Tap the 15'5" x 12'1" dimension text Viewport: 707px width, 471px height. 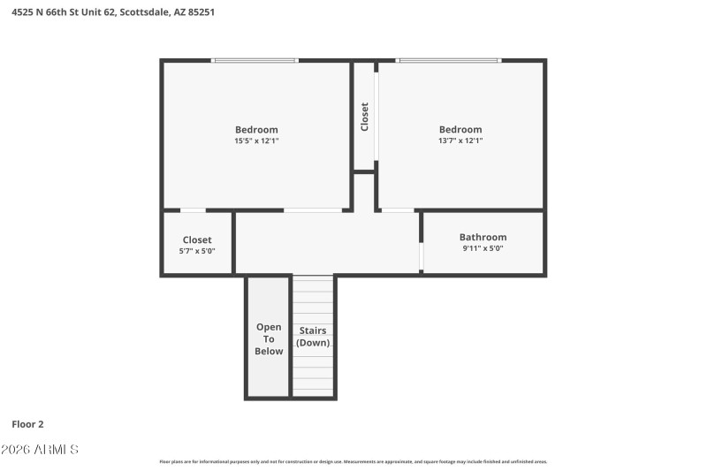(x=256, y=141)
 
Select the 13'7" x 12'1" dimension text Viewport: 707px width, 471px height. (x=460, y=141)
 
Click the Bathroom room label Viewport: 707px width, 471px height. (x=483, y=237)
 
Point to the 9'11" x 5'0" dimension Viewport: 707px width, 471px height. (x=483, y=248)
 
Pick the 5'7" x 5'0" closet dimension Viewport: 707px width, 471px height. (x=197, y=251)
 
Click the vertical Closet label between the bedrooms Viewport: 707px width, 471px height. (x=364, y=117)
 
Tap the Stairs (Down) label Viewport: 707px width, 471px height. (x=313, y=337)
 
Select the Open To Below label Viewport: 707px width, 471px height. (x=269, y=339)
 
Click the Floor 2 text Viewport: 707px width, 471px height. (x=27, y=424)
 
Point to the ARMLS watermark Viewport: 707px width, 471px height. (x=40, y=450)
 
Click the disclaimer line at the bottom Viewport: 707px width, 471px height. (x=353, y=461)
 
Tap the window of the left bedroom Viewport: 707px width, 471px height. (x=255, y=60)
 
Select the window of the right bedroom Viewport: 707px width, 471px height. (x=448, y=60)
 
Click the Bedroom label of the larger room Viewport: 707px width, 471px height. (x=256, y=129)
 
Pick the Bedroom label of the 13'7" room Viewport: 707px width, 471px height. (x=460, y=129)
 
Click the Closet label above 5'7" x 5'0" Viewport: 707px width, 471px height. (x=197, y=239)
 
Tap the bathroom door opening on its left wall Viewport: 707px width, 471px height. (x=422, y=256)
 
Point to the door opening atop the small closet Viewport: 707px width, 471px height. (x=193, y=210)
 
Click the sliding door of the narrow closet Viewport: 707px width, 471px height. (x=376, y=117)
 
